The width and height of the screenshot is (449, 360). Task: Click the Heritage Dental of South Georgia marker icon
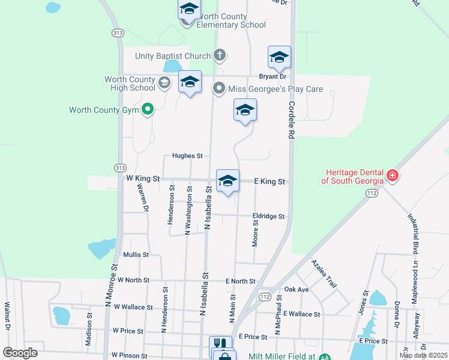pos(393,176)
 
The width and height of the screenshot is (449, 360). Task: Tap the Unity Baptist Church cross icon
pos(220,56)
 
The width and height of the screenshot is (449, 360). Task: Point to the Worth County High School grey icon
pos(164,83)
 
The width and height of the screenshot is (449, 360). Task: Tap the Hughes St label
pos(187,156)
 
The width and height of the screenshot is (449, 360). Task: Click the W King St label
pos(143,178)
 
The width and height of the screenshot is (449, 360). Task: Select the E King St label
pos(269,181)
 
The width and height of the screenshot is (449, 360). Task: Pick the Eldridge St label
pos(268,216)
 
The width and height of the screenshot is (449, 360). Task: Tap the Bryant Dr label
pos(273,76)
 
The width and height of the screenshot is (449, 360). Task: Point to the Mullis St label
pos(136,255)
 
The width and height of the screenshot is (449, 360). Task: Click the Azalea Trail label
pos(324,274)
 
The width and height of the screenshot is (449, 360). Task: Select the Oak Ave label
pos(297,289)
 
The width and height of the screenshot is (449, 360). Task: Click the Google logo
pos(20,353)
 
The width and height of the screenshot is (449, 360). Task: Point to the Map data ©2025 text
pos(423,355)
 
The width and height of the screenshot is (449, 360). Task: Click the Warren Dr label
pos(143,197)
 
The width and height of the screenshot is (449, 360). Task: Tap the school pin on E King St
pos(228,181)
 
